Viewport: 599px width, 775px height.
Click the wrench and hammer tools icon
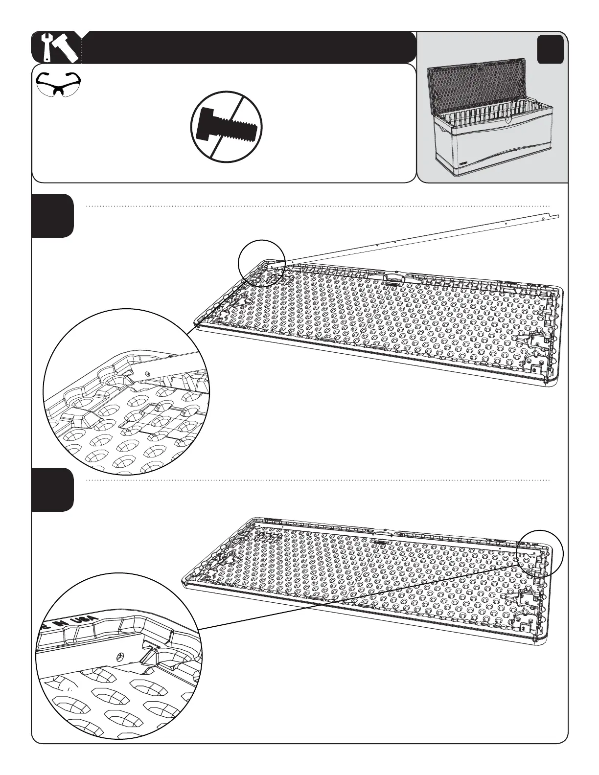(59, 47)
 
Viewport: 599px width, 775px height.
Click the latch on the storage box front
(509, 120)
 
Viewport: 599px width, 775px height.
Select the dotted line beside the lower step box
(318, 480)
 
